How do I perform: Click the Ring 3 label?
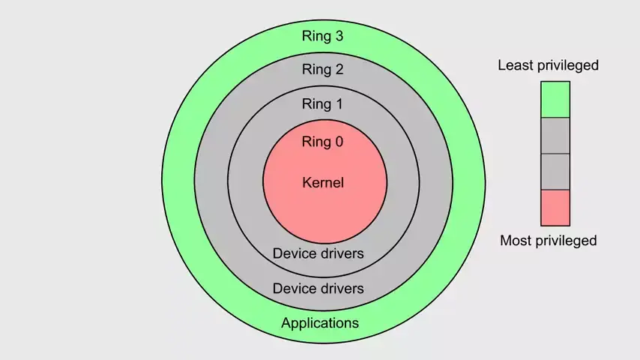click(x=322, y=35)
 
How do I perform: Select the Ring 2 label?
click(x=322, y=70)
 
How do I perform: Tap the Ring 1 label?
click(x=322, y=103)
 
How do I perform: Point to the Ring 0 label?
click(x=322, y=142)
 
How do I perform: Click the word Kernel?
click(x=323, y=182)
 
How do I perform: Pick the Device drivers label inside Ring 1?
click(x=319, y=253)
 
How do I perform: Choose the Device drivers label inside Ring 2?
click(x=319, y=288)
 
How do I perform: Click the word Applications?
click(x=320, y=323)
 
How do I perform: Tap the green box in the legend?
click(x=555, y=100)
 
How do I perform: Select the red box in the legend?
click(x=555, y=208)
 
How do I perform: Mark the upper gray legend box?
click(x=555, y=136)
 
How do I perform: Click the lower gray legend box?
click(x=555, y=172)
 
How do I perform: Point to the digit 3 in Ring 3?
click(x=339, y=35)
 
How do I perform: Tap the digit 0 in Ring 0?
click(x=339, y=142)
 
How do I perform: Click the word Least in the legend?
click(x=516, y=65)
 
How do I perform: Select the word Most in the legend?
click(x=516, y=241)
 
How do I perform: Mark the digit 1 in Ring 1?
click(x=339, y=103)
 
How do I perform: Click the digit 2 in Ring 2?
click(x=339, y=70)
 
